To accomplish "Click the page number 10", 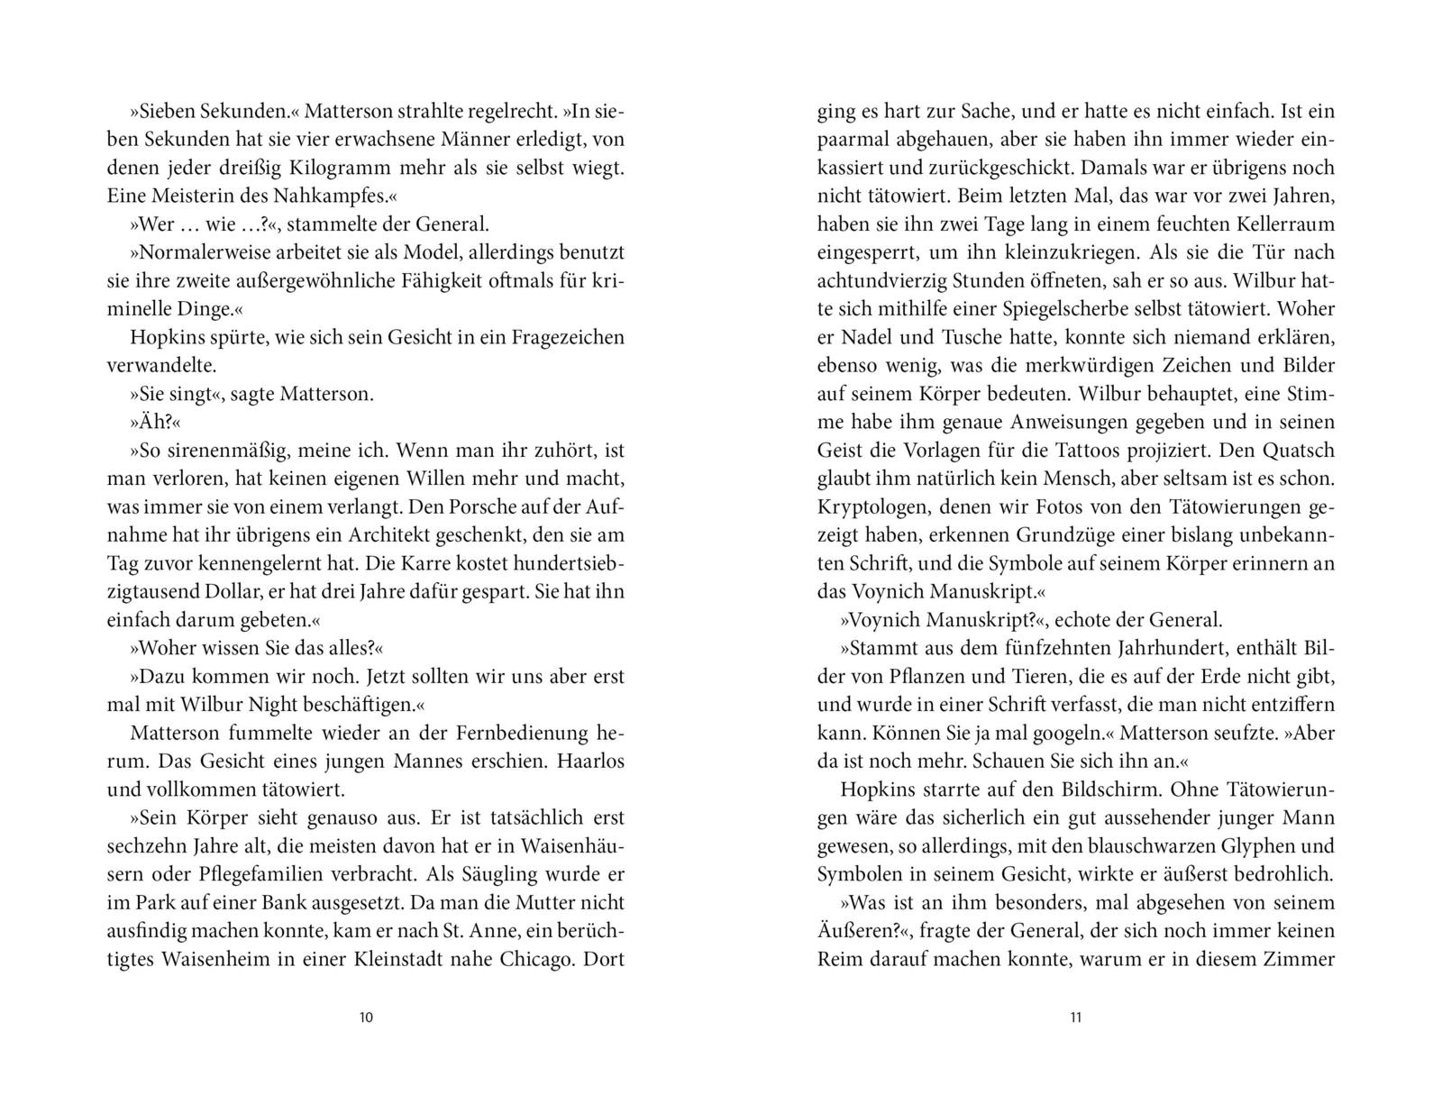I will coord(366,1018).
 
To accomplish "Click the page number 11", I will coord(1075,1018).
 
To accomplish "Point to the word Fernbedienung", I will coord(522,733).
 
